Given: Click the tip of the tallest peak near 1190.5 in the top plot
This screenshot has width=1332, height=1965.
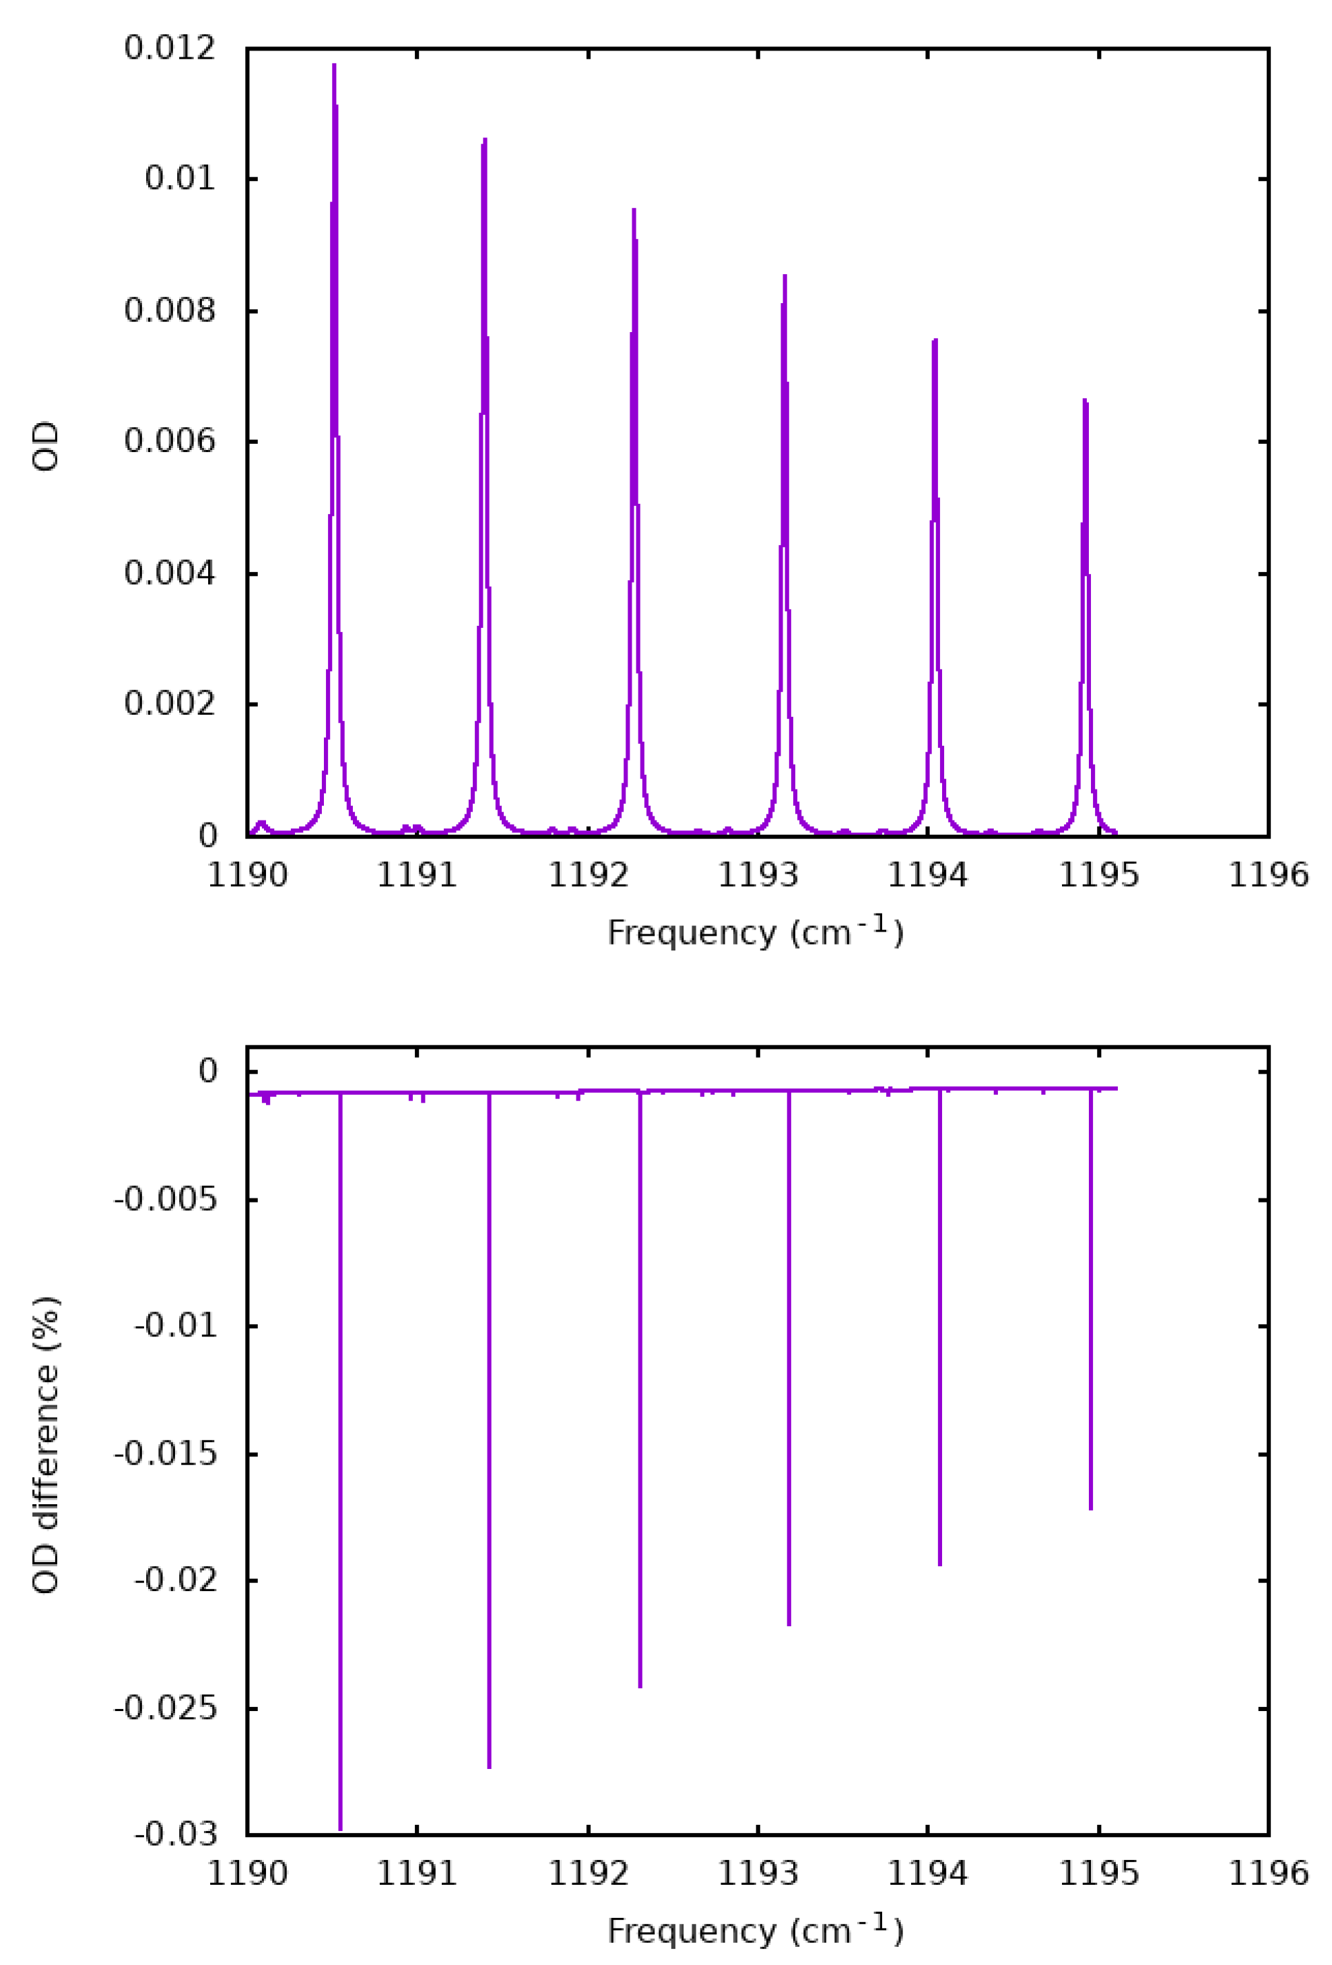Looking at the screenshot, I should click(x=334, y=65).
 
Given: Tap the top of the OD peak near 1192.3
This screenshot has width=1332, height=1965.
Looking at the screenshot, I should click(x=634, y=210).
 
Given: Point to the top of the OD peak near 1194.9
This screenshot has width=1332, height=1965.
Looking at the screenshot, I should click(x=1084, y=400).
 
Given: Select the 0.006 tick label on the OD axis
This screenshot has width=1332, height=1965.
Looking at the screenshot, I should click(x=170, y=441).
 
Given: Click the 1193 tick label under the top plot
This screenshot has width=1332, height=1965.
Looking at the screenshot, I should click(x=758, y=875).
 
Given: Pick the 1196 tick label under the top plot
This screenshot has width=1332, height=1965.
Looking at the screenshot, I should click(x=1268, y=875).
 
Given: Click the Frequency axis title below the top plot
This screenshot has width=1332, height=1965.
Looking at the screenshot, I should click(x=756, y=932).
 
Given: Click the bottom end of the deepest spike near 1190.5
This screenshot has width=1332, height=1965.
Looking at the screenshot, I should click(x=341, y=1829).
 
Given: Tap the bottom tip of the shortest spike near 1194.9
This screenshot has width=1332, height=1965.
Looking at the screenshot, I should click(x=1090, y=1508).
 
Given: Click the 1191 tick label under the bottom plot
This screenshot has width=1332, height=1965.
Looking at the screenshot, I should click(x=417, y=1873).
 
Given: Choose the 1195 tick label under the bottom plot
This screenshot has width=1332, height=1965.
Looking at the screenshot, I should click(x=1099, y=1873).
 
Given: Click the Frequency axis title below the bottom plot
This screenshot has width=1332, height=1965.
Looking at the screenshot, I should click(x=756, y=1931).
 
